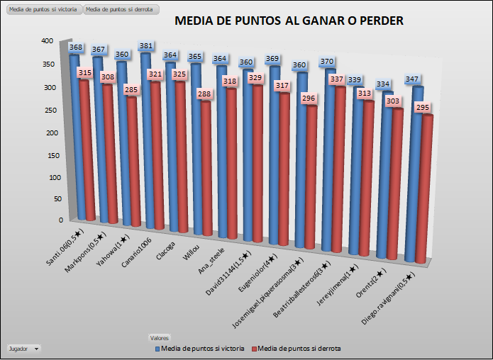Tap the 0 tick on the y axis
pos(61,220)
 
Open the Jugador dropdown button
pos(23,348)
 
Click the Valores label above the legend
pos(158,337)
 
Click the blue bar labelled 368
pos(72,135)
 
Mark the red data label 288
pos(204,93)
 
